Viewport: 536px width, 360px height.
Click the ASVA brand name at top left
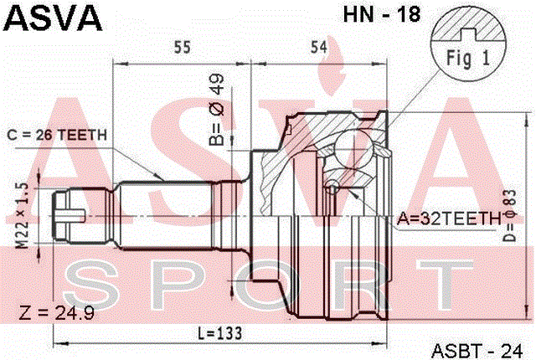pos(53,18)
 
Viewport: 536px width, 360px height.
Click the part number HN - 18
pos(382,14)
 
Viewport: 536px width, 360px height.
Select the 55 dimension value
pos(182,47)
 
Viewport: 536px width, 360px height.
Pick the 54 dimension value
pos(318,47)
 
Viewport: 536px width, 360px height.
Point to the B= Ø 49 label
pos(216,110)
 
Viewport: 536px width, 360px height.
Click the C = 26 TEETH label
pos(57,136)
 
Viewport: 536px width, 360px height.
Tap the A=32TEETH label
pos(449,219)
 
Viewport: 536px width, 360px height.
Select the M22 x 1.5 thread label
pos(23,215)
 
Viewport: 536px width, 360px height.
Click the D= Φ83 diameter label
pos(509,215)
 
